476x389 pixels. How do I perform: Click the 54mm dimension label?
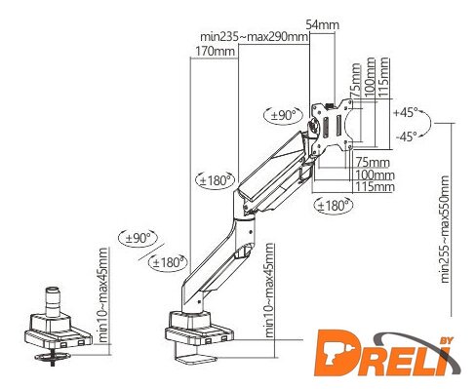323,24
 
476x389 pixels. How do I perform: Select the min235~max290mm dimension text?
254,37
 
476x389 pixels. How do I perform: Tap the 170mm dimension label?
215,51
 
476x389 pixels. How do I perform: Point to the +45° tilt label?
405,113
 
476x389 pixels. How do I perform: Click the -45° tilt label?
406,136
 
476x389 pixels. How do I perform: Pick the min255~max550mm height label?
444,229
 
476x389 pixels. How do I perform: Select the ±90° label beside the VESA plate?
284,115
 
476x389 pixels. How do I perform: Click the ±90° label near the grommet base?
139,238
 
